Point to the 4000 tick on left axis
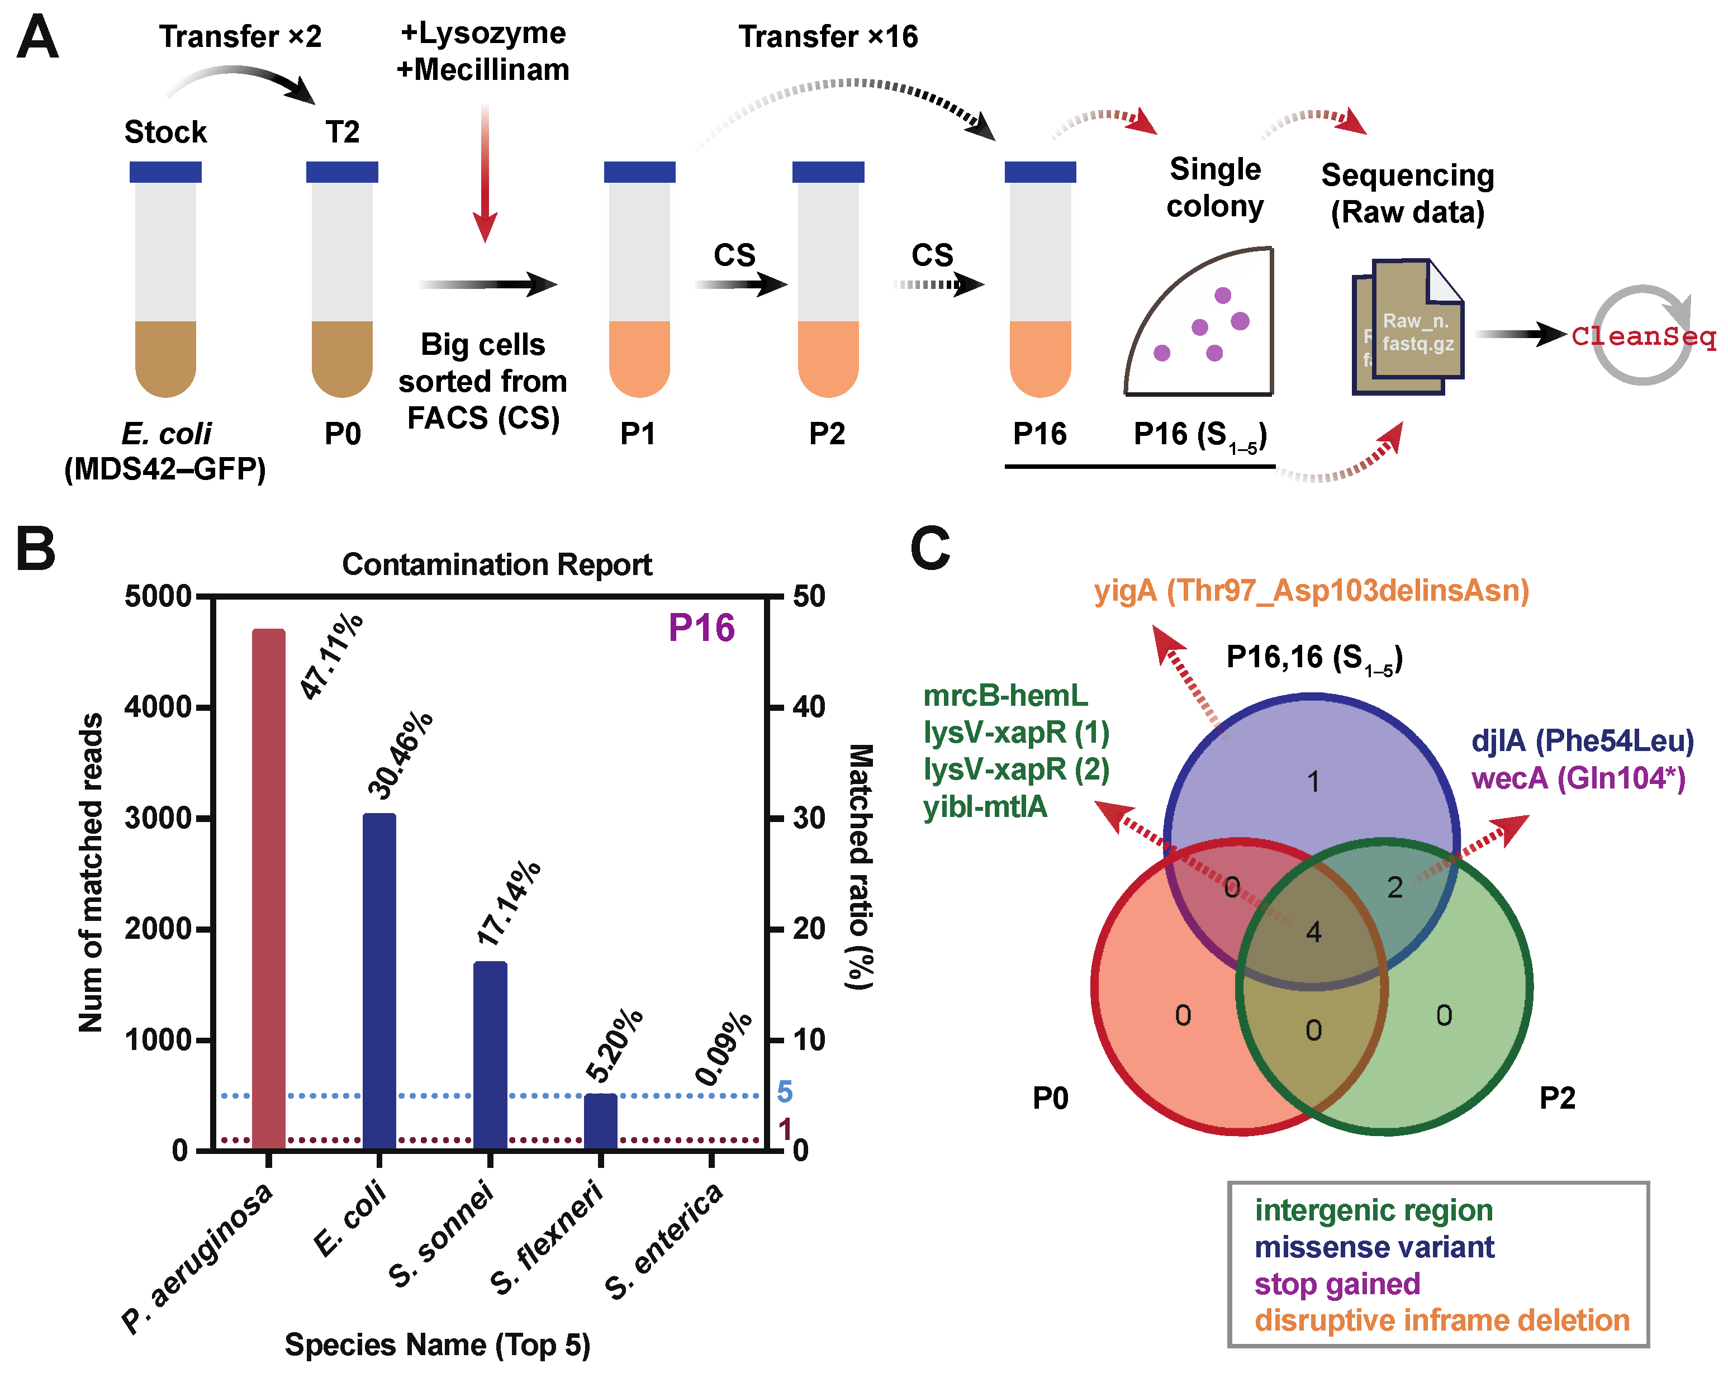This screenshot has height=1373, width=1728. pyautogui.click(x=157, y=707)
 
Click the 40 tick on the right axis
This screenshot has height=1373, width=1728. pyautogui.click(x=809, y=707)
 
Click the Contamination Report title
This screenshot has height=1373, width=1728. pyautogui.click(x=497, y=564)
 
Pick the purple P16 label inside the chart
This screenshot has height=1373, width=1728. pyautogui.click(x=701, y=628)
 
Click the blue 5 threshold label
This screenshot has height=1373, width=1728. pyautogui.click(x=784, y=1092)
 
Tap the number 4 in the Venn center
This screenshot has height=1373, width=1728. pyautogui.click(x=1313, y=932)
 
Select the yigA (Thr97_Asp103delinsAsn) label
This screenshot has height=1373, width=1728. pyautogui.click(x=1311, y=591)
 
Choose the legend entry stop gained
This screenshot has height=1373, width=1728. pyautogui.click(x=1337, y=1283)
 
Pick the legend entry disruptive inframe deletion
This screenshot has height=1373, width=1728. pyautogui.click(x=1442, y=1320)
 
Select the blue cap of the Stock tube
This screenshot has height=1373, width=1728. pyautogui.click(x=165, y=172)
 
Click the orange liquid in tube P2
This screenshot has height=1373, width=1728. pyautogui.click(x=828, y=357)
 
